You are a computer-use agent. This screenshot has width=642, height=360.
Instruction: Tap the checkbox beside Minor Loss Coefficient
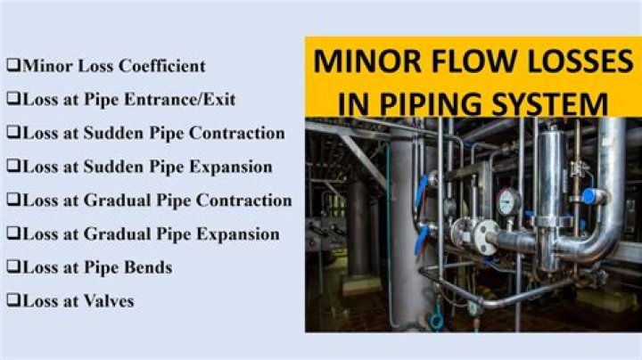pyautogui.click(x=13, y=65)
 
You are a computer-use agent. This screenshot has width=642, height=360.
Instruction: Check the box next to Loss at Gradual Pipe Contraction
pyautogui.click(x=13, y=200)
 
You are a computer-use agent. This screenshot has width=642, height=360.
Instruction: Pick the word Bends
pyautogui.click(x=148, y=267)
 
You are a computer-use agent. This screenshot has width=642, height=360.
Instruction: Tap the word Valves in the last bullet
pyautogui.click(x=109, y=301)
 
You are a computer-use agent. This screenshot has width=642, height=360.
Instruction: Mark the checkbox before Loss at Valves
pyautogui.click(x=13, y=300)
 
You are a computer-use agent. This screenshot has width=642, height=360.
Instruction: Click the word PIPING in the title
pyautogui.click(x=431, y=104)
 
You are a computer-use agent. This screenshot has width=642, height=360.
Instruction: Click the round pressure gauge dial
pyautogui.click(x=508, y=202)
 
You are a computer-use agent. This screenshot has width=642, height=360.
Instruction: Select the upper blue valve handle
pyautogui.click(x=421, y=191)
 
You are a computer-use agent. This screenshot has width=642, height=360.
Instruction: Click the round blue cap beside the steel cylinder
pyautogui.click(x=588, y=196)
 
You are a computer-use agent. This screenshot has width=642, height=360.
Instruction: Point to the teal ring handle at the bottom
pyautogui.click(x=436, y=321)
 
